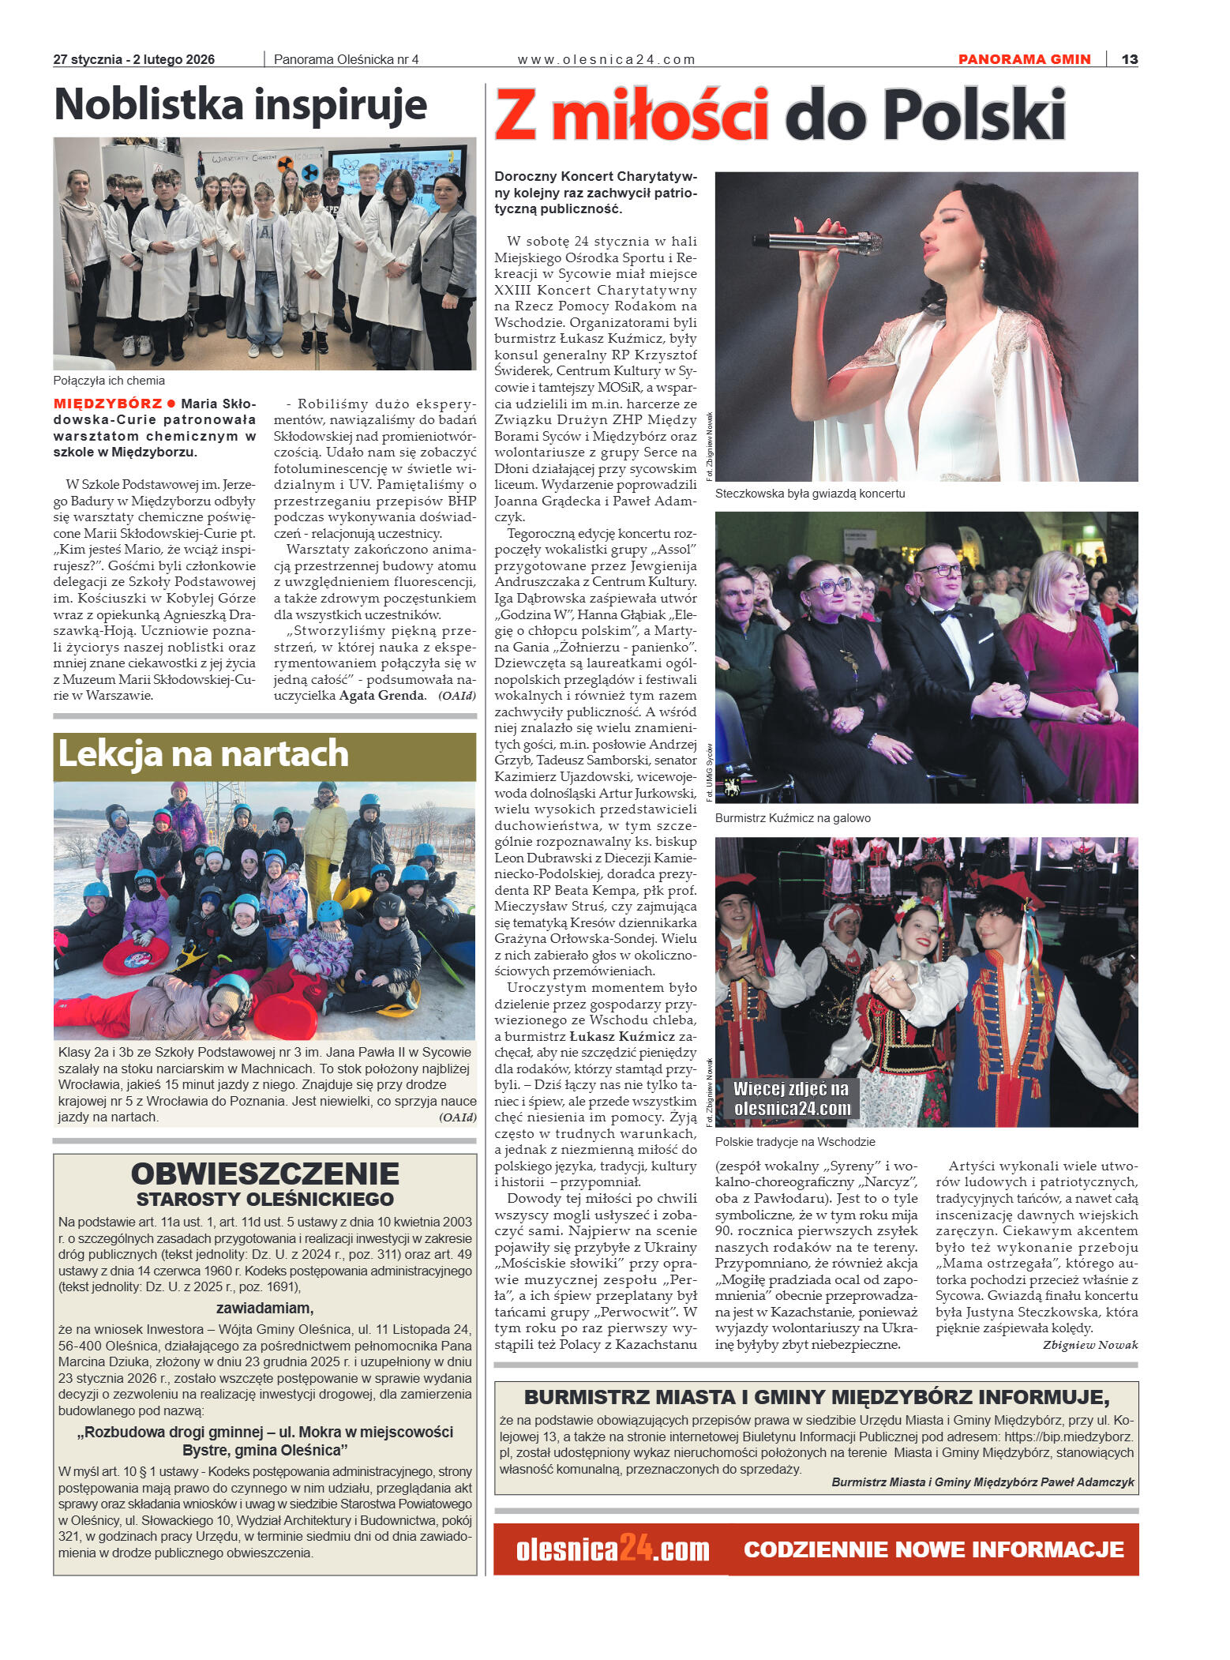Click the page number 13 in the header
point(1129,59)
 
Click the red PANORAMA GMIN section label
point(1024,59)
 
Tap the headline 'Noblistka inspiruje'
point(241,105)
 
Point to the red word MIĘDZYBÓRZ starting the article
point(107,404)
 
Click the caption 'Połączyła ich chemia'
point(109,381)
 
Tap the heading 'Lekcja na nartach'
point(203,754)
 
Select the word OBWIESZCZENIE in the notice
point(264,1174)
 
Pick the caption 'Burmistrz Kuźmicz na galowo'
point(793,818)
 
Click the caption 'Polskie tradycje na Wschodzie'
point(795,1142)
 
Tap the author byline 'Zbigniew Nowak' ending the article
point(1089,1345)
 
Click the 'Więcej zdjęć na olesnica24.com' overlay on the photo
point(792,1099)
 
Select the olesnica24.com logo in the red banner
point(613,1549)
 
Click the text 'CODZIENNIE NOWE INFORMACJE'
point(933,1549)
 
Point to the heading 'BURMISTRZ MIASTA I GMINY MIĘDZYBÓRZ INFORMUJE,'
point(816,1397)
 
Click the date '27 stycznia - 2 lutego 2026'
point(134,59)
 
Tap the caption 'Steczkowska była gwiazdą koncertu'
point(810,494)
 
